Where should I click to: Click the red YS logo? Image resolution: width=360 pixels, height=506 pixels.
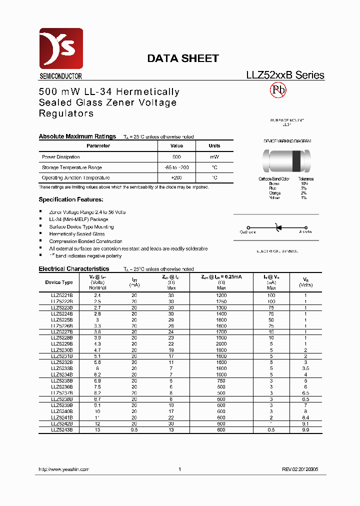coord(60,48)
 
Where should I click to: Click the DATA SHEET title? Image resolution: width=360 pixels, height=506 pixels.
coord(182,58)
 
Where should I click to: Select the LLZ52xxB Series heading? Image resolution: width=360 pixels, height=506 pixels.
coord(285,75)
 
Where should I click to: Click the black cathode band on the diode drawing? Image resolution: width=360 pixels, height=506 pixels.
coord(296,159)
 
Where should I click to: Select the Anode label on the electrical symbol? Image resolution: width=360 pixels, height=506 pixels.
coord(305,232)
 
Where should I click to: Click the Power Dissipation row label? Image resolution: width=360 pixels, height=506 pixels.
coord(61,157)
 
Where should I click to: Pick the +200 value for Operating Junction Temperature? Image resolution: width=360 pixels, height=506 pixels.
coord(176,177)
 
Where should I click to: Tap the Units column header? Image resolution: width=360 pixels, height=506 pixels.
coord(214,146)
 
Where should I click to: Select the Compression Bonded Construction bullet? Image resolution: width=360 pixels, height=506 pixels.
coord(85,241)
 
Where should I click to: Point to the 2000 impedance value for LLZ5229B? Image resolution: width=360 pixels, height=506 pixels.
coord(221,344)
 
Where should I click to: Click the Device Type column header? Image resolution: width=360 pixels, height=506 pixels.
coord(59,282)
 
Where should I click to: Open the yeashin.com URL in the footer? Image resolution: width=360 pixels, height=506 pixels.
coord(64,469)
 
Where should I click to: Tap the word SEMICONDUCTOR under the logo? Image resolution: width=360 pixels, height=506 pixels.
coord(60,76)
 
